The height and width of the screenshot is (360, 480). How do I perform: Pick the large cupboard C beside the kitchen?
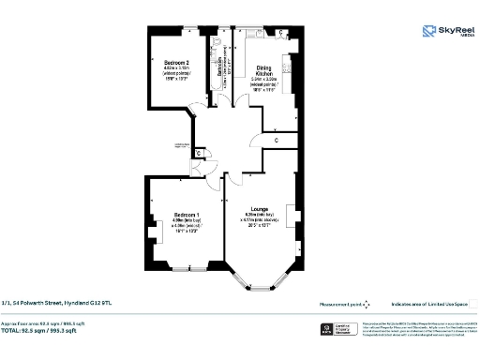tap(277, 141)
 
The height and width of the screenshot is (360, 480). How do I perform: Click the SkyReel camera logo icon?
tap(428, 33)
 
